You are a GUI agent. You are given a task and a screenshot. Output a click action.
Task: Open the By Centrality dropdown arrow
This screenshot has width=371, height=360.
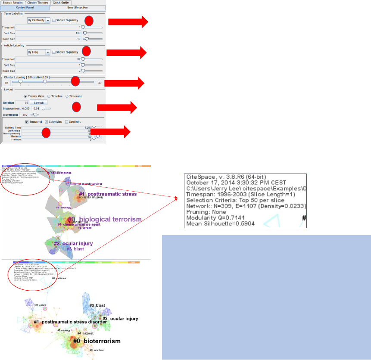(x=48, y=20)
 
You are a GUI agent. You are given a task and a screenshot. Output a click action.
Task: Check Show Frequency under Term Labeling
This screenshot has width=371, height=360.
(x=54, y=20)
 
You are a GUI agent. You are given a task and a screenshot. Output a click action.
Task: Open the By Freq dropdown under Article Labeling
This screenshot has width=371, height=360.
(x=48, y=52)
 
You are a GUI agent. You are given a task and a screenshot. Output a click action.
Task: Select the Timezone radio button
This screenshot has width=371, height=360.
(x=67, y=96)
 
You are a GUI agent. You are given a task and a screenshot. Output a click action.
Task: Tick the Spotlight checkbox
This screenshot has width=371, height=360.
(x=66, y=121)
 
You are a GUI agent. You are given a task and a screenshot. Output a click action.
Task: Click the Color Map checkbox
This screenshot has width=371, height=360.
(x=47, y=121)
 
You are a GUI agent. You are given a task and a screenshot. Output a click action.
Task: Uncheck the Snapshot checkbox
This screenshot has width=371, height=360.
(x=27, y=121)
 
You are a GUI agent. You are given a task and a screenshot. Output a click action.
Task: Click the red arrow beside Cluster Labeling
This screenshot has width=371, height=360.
(x=125, y=83)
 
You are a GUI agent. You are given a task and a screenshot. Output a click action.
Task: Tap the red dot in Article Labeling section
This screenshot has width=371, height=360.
(x=86, y=51)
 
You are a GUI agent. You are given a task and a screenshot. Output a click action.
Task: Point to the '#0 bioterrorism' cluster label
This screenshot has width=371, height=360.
(x=96, y=341)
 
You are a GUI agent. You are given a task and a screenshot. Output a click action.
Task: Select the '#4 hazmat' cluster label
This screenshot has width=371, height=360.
(x=85, y=333)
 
